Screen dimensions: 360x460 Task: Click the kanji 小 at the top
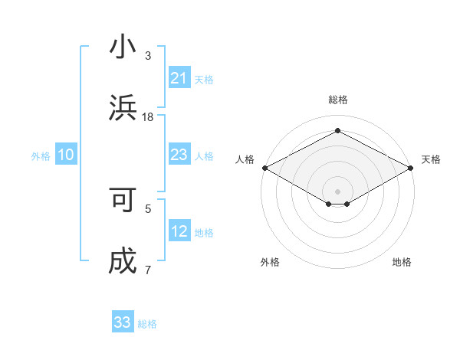pyautogui.click(x=123, y=47)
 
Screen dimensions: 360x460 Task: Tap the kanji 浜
pyautogui.click(x=123, y=108)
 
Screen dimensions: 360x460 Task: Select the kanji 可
pyautogui.click(x=123, y=199)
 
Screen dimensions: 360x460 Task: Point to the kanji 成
pyautogui.click(x=123, y=261)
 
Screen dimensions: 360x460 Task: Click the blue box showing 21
pyautogui.click(x=179, y=78)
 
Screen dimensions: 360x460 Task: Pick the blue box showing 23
pyautogui.click(x=179, y=155)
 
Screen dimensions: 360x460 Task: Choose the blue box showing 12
pyautogui.click(x=179, y=231)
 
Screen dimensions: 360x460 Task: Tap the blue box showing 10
pyautogui.click(x=66, y=155)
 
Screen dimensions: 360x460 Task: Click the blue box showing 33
pyautogui.click(x=123, y=322)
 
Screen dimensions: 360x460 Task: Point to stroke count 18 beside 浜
pyautogui.click(x=149, y=116)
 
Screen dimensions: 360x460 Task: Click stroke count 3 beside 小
pyautogui.click(x=148, y=55)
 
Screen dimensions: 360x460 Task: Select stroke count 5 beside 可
pyautogui.click(x=148, y=208)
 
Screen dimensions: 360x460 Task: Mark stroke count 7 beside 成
pyautogui.click(x=148, y=270)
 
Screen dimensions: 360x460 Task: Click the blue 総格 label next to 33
pyautogui.click(x=147, y=324)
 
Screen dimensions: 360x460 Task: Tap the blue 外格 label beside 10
pyautogui.click(x=41, y=155)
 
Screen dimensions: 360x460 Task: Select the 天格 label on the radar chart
pyautogui.click(x=431, y=159)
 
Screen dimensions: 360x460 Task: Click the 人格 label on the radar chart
pyautogui.click(x=245, y=159)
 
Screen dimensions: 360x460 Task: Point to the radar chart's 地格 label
pyautogui.click(x=402, y=262)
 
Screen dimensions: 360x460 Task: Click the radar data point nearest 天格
pyautogui.click(x=412, y=168)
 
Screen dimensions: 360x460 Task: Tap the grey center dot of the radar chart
pyautogui.click(x=337, y=191)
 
